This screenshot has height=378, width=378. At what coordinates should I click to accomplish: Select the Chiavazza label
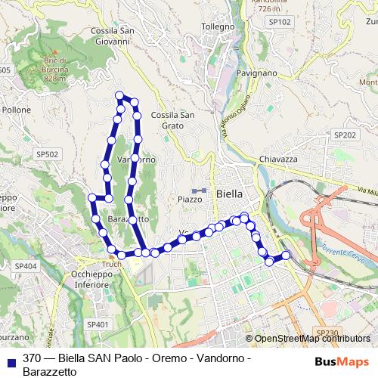280,159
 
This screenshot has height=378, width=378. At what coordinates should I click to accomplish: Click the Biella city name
229,194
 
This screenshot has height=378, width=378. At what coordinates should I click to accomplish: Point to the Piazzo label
190,200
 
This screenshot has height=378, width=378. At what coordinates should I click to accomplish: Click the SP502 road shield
46,153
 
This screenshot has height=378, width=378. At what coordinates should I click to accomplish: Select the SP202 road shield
344,135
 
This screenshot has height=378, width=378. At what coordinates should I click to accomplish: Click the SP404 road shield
25,266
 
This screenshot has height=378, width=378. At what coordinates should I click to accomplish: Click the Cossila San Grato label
173,119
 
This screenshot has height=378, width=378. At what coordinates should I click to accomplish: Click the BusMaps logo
342,361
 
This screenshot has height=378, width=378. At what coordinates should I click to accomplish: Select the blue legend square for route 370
9,361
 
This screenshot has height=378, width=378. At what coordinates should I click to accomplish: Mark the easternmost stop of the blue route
286,256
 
